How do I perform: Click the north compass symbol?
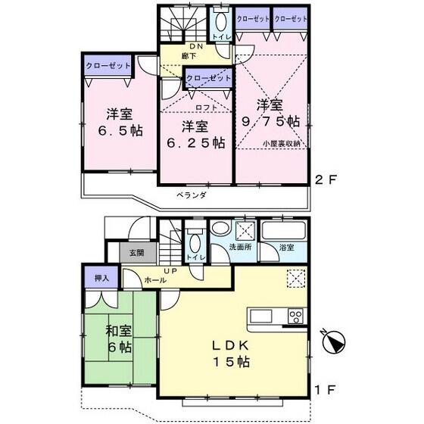pyautogui.click(x=334, y=341)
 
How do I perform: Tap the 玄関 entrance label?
pyautogui.click(x=136, y=253)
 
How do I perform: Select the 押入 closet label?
pyautogui.click(x=101, y=278)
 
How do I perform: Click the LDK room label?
pyautogui.click(x=230, y=345)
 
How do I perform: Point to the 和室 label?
pyautogui.click(x=119, y=331)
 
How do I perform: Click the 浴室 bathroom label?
pyautogui.click(x=287, y=247)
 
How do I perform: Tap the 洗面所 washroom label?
pyautogui.click(x=241, y=247)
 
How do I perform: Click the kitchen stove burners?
pyautogui.click(x=295, y=316)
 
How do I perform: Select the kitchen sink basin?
pyautogui.click(x=261, y=316)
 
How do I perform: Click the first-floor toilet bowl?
pyautogui.click(x=195, y=243)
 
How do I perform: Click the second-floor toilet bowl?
pyautogui.click(x=221, y=22)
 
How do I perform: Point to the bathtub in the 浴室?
pyautogui.click(x=284, y=230)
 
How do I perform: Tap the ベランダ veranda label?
pyautogui.click(x=192, y=195)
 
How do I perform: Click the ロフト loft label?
pyautogui.click(x=206, y=108)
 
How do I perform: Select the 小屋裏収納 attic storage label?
pyautogui.click(x=282, y=144)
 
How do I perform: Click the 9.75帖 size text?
pyautogui.click(x=271, y=122)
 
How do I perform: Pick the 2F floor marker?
pyautogui.click(x=326, y=180)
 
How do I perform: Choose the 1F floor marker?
pyautogui.click(x=326, y=390)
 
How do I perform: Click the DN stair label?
pyautogui.click(x=196, y=46)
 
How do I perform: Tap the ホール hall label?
pyautogui.click(x=155, y=280)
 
